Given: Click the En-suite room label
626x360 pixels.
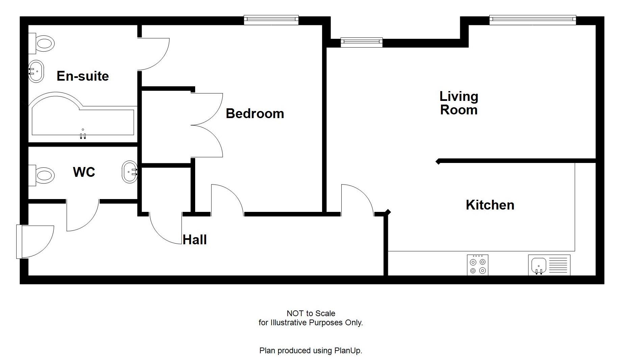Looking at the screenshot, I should (83, 76).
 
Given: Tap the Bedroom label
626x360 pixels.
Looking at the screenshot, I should (255, 113).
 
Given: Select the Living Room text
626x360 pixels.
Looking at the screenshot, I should (459, 103).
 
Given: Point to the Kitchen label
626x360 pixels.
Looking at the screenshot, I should (490, 205).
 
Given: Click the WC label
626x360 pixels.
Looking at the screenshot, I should (84, 172).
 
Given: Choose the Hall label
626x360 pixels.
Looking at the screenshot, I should (194, 240).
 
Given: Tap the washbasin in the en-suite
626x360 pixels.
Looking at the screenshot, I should (36, 71).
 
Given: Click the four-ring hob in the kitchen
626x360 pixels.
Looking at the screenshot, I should (477, 265).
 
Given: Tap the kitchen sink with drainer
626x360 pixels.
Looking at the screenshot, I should (549, 265).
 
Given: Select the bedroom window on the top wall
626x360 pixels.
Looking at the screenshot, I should (271, 20).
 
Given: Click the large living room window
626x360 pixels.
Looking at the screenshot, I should (532, 20).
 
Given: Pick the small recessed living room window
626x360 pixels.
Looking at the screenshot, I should (361, 42).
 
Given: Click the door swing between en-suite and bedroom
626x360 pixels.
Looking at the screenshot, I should (154, 54).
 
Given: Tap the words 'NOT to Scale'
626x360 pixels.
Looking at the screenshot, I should (311, 313).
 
